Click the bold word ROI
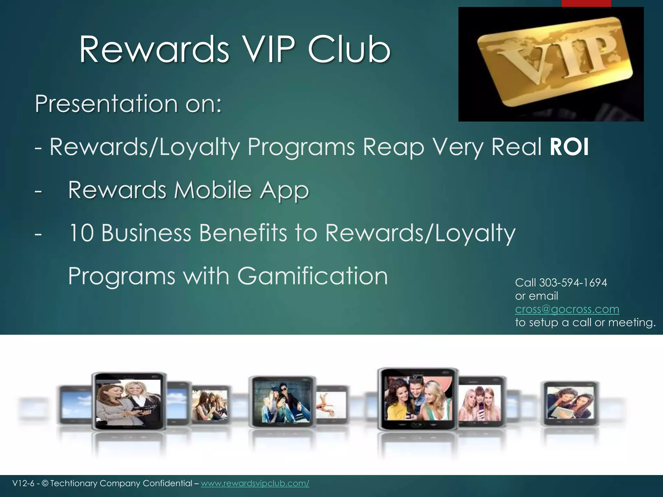tap(569, 147)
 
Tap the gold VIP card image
tap(551, 64)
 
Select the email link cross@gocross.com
tap(567, 309)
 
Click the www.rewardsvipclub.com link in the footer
tap(255, 483)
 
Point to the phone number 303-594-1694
tap(573, 283)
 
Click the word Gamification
tap(312, 276)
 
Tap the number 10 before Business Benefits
tap(81, 233)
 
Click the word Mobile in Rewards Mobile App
tap(213, 190)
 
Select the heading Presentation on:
tap(128, 104)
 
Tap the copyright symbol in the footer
tap(45, 483)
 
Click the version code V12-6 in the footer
tap(23, 483)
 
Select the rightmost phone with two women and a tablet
tap(571, 403)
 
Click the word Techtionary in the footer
tap(74, 483)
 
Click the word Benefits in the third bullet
tap(243, 233)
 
